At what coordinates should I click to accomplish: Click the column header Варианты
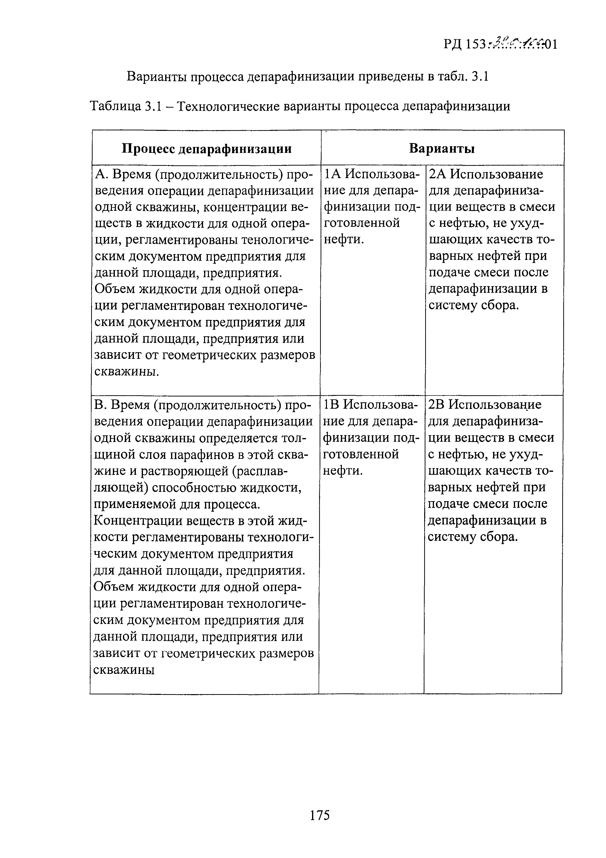tap(442, 149)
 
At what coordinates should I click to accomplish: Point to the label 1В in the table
tap(332, 405)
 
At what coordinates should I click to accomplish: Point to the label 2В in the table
tap(436, 405)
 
